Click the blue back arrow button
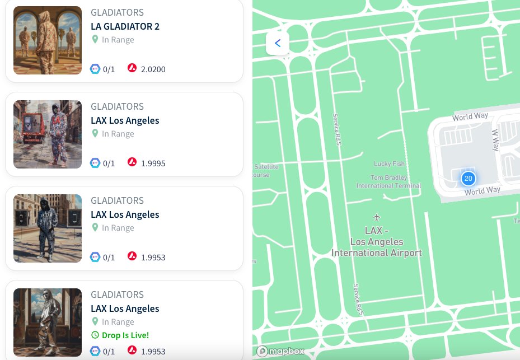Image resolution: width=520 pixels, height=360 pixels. point(278,43)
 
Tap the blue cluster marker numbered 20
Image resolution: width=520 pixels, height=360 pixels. point(469,179)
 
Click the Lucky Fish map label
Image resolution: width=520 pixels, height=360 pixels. point(389,164)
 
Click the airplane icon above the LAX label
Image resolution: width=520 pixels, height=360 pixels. point(377,217)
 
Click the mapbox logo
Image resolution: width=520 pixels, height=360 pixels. point(281,351)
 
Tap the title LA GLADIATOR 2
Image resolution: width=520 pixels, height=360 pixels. point(125,26)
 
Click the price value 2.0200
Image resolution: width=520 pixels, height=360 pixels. point(153,69)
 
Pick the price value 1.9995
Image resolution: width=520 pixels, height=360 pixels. point(153,163)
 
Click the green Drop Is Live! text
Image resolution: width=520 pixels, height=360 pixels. point(125,335)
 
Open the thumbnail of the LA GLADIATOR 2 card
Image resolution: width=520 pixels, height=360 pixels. point(48,40)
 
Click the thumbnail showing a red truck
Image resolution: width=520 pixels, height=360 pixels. point(48,134)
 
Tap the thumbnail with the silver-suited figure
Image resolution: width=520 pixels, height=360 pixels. point(48,322)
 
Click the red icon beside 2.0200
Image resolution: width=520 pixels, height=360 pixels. point(132,69)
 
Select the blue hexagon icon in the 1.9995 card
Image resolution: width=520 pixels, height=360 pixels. point(95,163)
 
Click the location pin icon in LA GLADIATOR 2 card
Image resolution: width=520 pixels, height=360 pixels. point(95,40)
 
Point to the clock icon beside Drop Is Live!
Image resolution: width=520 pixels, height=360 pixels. point(95,335)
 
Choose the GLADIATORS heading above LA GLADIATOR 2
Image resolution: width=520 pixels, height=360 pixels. point(117,12)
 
